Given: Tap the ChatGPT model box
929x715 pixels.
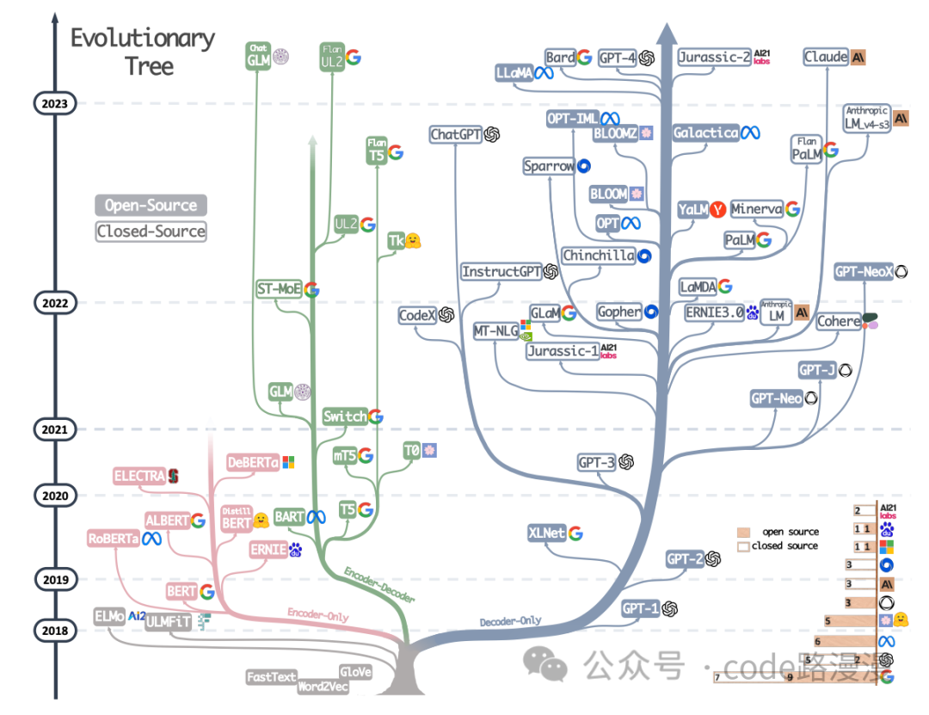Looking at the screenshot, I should pyautogui.click(x=456, y=134).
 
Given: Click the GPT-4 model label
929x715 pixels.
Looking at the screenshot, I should pyautogui.click(x=617, y=58).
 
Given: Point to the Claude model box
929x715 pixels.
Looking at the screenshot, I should pyautogui.click(x=826, y=57).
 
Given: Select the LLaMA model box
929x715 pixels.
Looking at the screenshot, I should pyautogui.click(x=514, y=74).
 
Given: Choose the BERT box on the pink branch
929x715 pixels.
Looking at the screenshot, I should pyautogui.click(x=181, y=591).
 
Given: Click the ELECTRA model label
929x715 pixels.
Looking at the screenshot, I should pyautogui.click(x=139, y=475).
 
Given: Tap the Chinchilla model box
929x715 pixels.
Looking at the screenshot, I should pyautogui.click(x=598, y=256).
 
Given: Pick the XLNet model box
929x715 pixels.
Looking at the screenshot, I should pyautogui.click(x=547, y=533).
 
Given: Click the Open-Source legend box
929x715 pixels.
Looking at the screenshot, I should pyautogui.click(x=151, y=205).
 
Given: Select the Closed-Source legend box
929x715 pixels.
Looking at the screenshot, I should pyautogui.click(x=151, y=231).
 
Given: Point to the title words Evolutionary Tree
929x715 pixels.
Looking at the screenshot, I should pyautogui.click(x=143, y=52).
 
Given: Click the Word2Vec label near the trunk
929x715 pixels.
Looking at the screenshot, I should pyautogui.click(x=323, y=687).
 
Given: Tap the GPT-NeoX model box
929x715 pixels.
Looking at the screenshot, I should pyautogui.click(x=864, y=272).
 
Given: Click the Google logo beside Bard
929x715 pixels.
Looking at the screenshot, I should pyautogui.click(x=585, y=58).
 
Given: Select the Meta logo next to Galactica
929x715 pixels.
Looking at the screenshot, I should pyautogui.click(x=751, y=133).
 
